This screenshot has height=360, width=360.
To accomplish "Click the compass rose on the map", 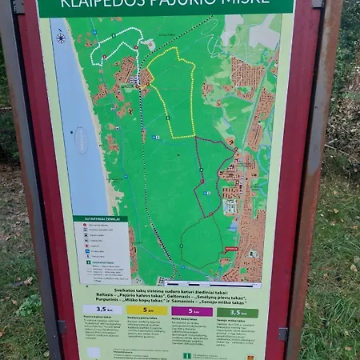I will tap(61, 37).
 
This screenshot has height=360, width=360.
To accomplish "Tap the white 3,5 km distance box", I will tap(102, 310).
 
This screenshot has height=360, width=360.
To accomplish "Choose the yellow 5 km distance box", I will tap(147, 310).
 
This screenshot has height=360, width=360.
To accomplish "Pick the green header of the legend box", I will tap(100, 218).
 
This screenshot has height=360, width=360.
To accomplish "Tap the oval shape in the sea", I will tap(81, 139).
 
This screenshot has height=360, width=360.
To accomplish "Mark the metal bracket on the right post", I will tap(282, 334).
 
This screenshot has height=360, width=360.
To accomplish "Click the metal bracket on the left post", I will tap(62, 326).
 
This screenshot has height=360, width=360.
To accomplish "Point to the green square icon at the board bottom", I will tap(187, 355).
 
